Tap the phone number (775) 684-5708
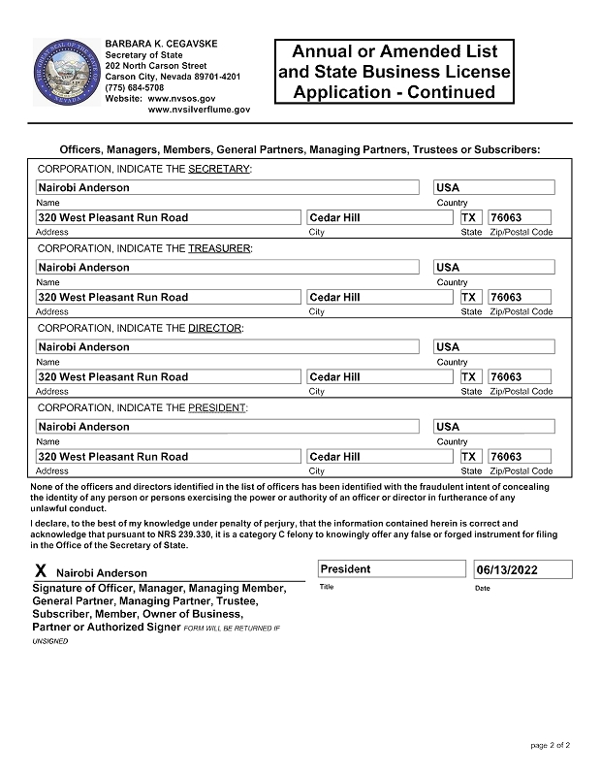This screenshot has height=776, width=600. (134, 87)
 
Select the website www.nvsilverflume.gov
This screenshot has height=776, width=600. (199, 110)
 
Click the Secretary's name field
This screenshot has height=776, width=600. (229, 187)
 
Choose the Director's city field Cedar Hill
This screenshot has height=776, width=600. (380, 376)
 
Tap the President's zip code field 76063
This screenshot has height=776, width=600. (520, 456)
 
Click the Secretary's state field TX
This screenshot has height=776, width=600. (470, 217)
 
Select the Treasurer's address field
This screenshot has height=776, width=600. (168, 297)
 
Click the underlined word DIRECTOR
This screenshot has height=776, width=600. (213, 328)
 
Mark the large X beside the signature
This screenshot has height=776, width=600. (40, 572)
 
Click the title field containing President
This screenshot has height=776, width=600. (392, 569)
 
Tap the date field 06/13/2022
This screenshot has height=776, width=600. (522, 569)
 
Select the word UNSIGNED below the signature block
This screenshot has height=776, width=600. (51, 641)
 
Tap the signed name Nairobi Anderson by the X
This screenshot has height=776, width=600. (102, 573)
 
